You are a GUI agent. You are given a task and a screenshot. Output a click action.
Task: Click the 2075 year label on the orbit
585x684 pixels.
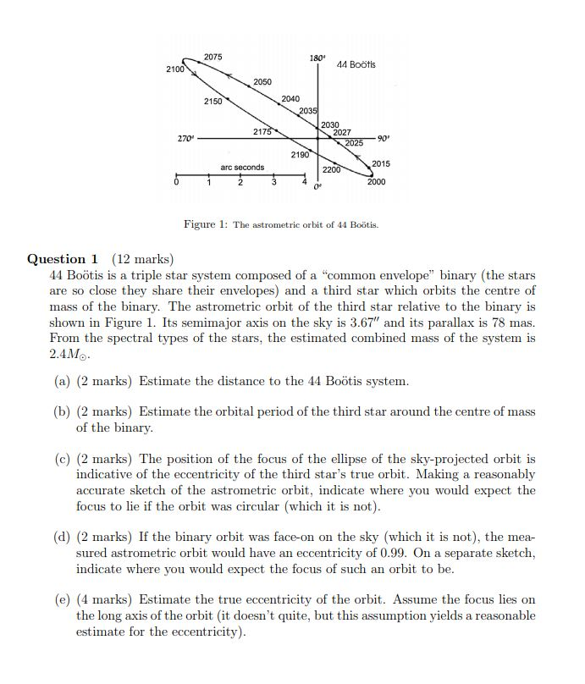[x=212, y=57]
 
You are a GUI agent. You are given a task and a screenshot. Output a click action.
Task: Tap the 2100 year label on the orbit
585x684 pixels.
[x=175, y=69]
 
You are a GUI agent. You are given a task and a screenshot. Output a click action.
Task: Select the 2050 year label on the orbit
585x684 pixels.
[x=262, y=82]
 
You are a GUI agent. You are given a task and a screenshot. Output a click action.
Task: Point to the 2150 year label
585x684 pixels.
[x=212, y=102]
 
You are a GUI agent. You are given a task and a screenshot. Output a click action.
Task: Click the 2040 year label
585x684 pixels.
[x=290, y=100]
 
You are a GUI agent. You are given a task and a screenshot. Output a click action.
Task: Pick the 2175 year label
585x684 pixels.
[x=262, y=132]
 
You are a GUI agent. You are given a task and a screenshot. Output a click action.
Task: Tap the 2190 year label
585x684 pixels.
[x=300, y=155]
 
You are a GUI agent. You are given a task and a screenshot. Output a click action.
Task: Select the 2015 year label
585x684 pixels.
[x=381, y=163]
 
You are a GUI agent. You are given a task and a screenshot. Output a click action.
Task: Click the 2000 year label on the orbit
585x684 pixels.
[x=376, y=182]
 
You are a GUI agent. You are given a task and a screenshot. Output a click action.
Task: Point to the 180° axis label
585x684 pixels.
[x=317, y=58]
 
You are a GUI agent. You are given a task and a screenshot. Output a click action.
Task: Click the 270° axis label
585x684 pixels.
[x=185, y=138]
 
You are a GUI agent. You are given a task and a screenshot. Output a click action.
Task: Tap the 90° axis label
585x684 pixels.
[x=383, y=138]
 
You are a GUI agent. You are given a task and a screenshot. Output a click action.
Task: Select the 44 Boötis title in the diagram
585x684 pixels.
[x=356, y=65]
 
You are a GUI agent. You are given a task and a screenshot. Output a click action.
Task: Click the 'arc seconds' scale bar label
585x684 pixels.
[x=242, y=168]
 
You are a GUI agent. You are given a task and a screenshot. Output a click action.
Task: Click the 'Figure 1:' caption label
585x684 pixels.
[x=206, y=224]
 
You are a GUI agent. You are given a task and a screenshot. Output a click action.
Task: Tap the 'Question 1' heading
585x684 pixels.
[x=63, y=259]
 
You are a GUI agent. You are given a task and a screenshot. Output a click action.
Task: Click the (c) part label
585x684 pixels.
[x=62, y=459]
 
